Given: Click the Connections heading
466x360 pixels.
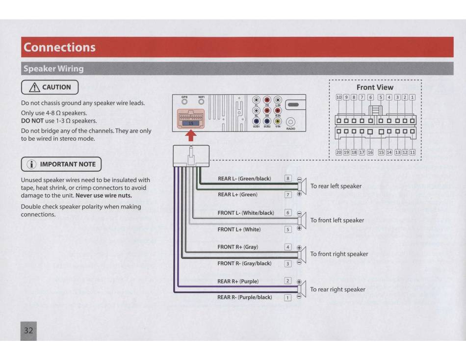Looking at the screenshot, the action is click(x=59, y=48).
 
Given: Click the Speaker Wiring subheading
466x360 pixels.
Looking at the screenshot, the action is click(x=53, y=69).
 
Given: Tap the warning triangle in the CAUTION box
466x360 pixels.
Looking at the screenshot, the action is click(x=34, y=87).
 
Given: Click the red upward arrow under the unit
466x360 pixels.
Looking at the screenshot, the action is click(x=192, y=135).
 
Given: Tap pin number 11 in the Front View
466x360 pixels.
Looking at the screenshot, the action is click(x=412, y=153).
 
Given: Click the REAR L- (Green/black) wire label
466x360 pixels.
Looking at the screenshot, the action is click(x=244, y=179).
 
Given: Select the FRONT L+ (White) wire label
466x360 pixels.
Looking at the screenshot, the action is click(x=239, y=229).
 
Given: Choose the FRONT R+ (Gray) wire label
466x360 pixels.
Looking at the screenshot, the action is click(x=237, y=247).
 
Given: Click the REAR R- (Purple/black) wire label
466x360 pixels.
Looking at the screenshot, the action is click(x=244, y=297).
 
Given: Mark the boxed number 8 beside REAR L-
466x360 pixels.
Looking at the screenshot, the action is click(x=288, y=179).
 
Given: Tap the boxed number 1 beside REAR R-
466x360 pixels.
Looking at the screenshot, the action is click(x=288, y=297).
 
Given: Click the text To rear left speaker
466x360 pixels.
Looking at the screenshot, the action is click(x=336, y=186).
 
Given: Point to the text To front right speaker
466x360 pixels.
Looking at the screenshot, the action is click(x=339, y=254).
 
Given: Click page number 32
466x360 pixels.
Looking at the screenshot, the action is click(x=28, y=331).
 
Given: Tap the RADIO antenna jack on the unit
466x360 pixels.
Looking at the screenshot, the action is click(x=290, y=122).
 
